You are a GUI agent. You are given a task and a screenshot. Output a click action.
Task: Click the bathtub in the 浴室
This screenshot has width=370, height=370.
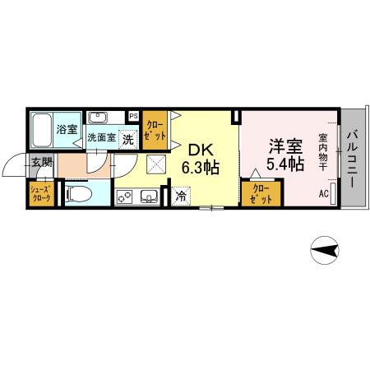click(43, 129)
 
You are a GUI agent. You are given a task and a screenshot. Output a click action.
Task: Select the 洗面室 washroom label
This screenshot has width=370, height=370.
click(100, 138)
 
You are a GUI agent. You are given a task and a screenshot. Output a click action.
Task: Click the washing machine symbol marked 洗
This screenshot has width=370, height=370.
click(127, 139)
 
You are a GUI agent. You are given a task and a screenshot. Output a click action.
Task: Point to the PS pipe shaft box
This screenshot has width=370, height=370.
click(133, 116)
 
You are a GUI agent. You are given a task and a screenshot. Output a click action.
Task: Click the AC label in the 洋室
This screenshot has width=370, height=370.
click(323, 194)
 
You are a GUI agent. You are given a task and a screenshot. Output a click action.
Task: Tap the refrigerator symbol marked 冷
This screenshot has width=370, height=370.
click(181, 197)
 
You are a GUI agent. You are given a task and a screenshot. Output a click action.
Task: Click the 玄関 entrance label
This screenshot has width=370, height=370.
click(41, 163)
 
